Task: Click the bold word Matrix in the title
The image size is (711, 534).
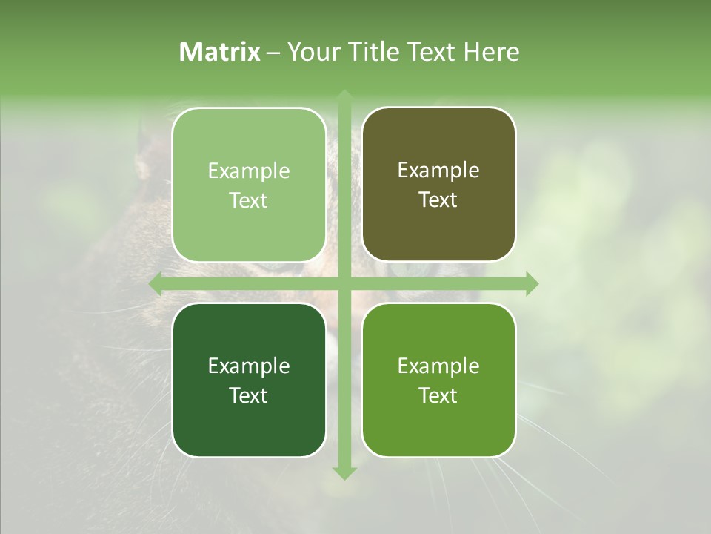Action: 220,52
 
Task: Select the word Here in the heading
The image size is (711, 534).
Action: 492,52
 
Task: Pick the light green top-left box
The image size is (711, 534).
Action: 249,185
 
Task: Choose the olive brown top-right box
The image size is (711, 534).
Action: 438,185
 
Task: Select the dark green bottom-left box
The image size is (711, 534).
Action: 249,380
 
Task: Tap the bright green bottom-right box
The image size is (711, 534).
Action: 438,380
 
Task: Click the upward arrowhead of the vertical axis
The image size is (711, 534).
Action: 344,96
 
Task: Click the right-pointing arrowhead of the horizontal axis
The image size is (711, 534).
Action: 531,284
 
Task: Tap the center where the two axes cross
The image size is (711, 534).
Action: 344,284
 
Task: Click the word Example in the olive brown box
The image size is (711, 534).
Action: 438,171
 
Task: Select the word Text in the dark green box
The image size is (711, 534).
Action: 249,395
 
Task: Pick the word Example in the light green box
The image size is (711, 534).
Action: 249,171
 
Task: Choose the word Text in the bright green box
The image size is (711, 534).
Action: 438,395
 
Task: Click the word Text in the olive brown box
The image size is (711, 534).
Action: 438,200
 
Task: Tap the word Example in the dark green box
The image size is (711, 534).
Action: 249,366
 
